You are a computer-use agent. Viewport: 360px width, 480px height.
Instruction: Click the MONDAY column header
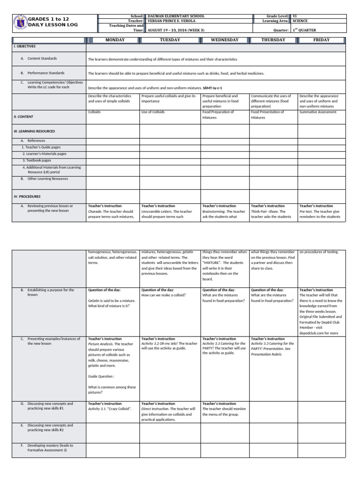115,40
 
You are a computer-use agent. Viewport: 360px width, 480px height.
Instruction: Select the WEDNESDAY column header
225,40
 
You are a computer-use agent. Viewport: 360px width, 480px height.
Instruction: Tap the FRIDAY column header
321,40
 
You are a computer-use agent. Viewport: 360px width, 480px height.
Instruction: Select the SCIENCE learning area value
301,21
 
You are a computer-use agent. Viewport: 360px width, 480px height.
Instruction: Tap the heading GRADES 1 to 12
48,19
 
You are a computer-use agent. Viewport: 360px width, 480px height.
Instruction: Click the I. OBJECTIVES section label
24,47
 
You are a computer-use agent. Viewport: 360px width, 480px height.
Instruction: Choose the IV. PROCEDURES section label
27,196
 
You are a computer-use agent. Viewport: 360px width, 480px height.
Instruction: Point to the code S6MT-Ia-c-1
213,88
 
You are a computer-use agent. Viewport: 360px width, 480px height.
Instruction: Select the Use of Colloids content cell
153,112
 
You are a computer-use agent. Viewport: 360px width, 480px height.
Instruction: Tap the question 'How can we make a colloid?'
163,295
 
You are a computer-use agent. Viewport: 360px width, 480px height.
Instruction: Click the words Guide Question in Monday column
101,376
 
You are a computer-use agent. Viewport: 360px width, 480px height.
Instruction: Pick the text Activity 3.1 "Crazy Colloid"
110,409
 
